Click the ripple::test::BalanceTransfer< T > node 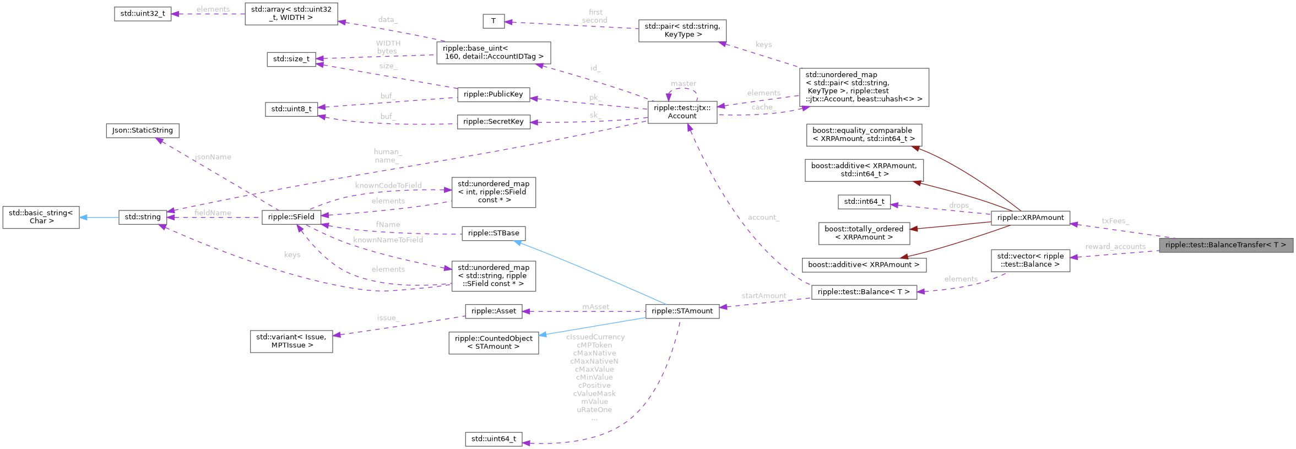click(x=1225, y=245)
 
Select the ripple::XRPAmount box click(x=1030, y=218)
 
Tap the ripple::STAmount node click(x=682, y=311)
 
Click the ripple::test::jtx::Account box click(x=682, y=112)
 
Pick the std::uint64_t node click(x=494, y=439)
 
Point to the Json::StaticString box click(x=142, y=131)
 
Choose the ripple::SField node click(x=291, y=217)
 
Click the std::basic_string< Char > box click(x=41, y=217)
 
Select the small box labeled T click(x=494, y=21)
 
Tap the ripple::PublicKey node click(x=493, y=94)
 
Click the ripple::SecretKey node click(x=493, y=122)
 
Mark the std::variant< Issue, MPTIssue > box click(x=291, y=341)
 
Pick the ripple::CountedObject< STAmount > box click(x=494, y=343)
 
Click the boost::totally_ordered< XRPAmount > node click(x=864, y=233)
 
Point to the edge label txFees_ click(x=1115, y=221)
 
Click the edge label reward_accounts click(x=1115, y=247)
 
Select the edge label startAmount click(x=763, y=296)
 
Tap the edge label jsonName click(x=213, y=158)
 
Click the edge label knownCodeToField click(x=388, y=186)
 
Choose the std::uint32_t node click(x=142, y=14)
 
